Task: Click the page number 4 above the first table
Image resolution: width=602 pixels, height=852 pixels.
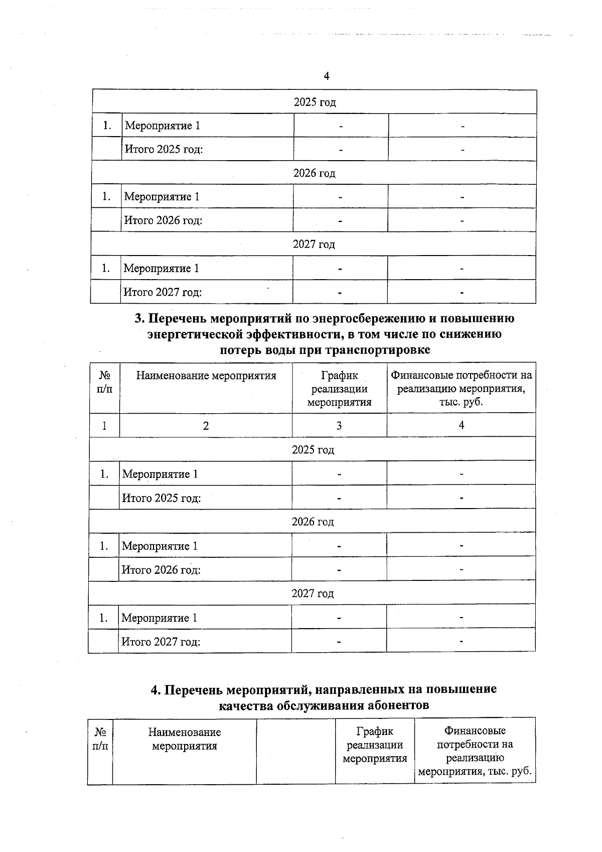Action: click(327, 76)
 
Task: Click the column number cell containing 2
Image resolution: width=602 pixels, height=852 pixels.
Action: click(206, 426)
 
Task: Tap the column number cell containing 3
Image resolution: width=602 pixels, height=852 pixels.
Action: click(339, 426)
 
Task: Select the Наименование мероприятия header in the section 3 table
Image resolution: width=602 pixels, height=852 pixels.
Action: click(206, 376)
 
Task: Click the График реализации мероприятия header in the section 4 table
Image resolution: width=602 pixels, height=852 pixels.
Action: click(375, 745)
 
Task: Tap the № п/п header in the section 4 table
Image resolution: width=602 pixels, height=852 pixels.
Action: click(100, 739)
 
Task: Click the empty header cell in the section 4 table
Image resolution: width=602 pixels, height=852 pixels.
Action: click(295, 751)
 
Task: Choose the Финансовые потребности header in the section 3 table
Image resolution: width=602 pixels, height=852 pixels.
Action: click(461, 389)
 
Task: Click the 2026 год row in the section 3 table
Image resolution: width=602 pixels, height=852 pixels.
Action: click(313, 522)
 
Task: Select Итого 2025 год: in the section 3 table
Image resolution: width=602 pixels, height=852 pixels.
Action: click(161, 498)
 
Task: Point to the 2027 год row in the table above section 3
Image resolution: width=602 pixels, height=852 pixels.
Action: click(314, 245)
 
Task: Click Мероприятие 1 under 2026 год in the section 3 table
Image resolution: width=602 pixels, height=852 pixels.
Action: click(160, 546)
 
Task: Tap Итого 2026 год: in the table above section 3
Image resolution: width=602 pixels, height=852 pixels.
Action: click(163, 220)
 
